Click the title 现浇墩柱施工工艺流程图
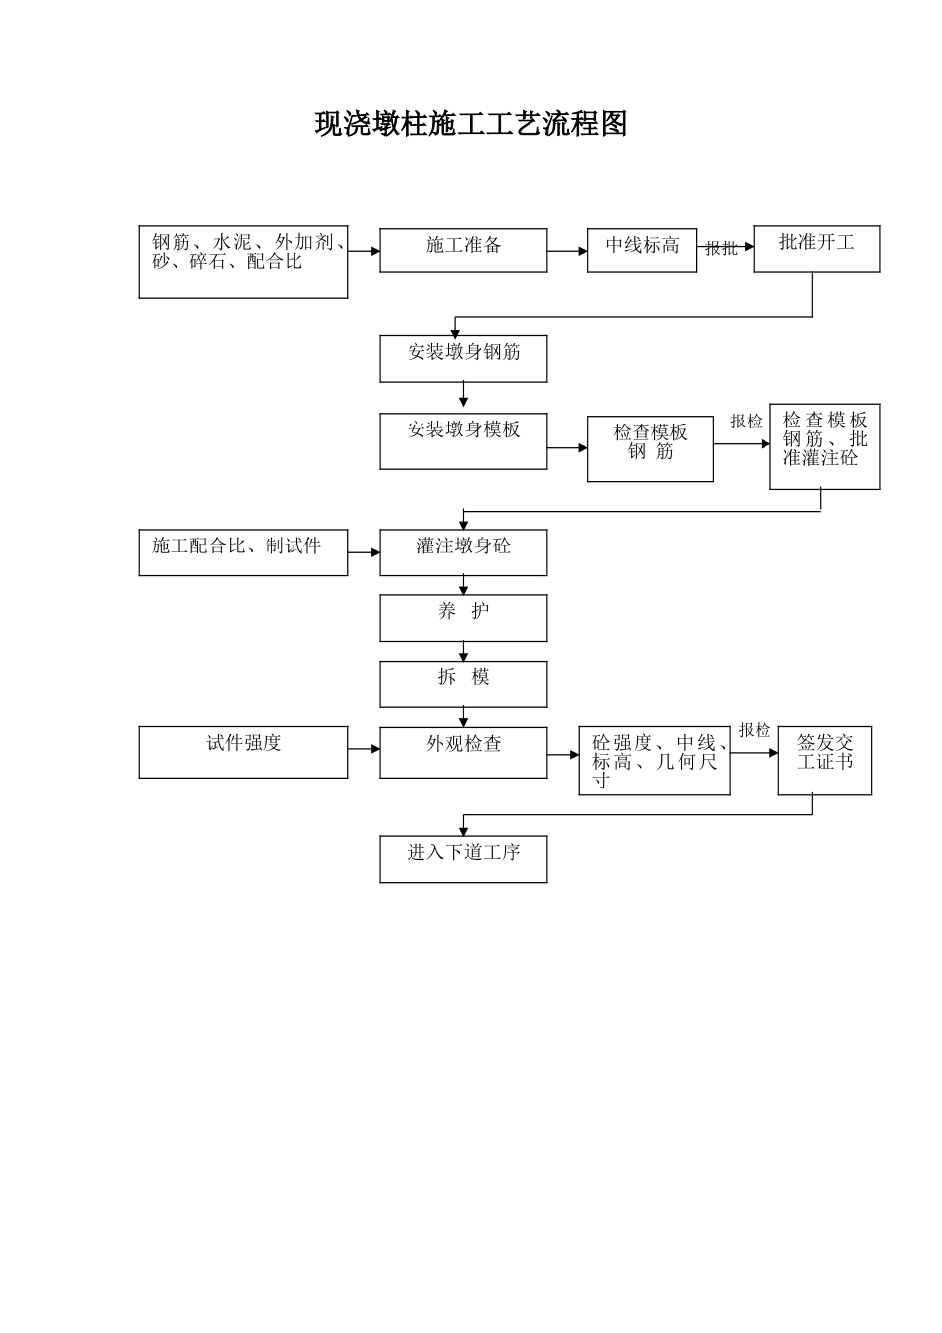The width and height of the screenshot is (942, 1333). click(471, 124)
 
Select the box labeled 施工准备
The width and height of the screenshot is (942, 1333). click(463, 250)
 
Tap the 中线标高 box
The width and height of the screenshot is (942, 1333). click(643, 250)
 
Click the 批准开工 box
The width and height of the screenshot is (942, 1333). click(816, 249)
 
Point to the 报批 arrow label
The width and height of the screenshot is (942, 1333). click(721, 249)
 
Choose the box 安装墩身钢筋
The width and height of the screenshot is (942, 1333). click(463, 358)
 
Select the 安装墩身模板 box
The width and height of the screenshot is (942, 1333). click(463, 441)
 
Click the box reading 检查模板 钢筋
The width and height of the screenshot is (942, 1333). click(649, 448)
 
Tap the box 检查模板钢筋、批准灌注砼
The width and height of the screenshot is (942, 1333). click(824, 446)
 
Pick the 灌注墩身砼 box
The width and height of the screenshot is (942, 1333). click(463, 552)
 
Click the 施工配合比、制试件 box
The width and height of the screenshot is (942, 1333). click(243, 552)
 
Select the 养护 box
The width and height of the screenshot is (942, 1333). click(463, 618)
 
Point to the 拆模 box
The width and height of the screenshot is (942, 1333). click(463, 684)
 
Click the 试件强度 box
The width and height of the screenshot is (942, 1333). click(243, 752)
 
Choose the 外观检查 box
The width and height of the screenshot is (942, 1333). click(463, 752)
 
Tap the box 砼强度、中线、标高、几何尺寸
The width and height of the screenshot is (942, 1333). click(654, 761)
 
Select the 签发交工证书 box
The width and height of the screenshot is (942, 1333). click(824, 761)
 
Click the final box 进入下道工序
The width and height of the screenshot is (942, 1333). click(463, 859)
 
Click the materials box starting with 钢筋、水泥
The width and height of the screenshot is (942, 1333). click(243, 262)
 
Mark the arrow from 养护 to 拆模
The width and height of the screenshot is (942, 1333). click(463, 652)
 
